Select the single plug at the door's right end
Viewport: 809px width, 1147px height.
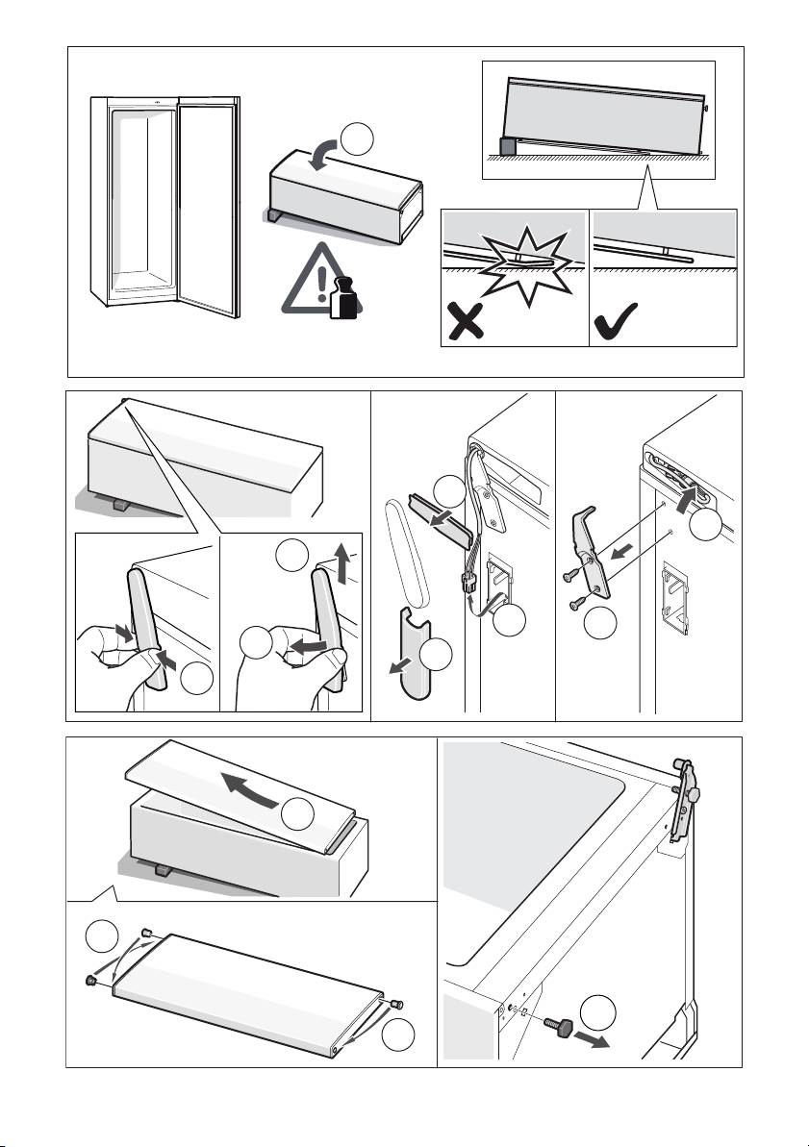coord(396,1004)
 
